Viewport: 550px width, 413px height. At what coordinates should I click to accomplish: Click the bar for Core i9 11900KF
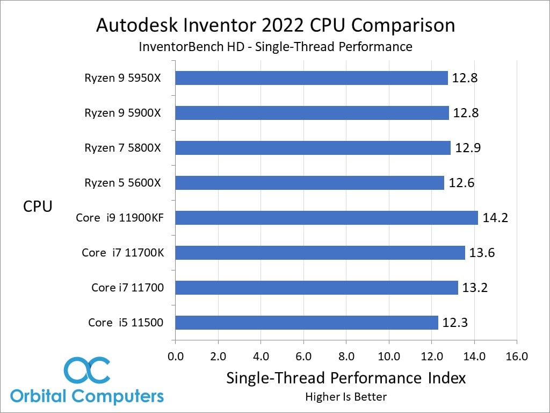pos(327,218)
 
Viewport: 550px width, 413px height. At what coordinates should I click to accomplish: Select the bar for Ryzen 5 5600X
pos(310,183)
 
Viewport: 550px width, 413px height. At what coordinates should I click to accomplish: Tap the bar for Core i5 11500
pos(307,323)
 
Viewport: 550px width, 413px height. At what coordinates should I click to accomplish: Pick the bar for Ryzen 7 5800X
pos(313,148)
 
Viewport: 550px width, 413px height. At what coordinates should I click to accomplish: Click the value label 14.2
pos(495,218)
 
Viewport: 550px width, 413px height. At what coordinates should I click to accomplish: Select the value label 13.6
pos(482,253)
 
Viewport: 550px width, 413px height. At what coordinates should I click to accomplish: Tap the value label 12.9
pos(468,148)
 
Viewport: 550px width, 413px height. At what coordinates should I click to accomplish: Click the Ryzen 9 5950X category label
pos(122,78)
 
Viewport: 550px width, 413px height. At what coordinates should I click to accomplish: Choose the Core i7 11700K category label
pos(122,253)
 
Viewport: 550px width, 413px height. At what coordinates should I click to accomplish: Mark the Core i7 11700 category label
pos(127,288)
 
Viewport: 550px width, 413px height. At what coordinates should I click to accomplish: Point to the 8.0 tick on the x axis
pos(346,356)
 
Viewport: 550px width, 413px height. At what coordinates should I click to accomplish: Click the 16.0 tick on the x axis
pos(517,356)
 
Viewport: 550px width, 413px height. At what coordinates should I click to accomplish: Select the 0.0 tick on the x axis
pos(176,356)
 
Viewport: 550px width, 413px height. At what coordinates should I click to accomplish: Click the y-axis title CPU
pos(38,206)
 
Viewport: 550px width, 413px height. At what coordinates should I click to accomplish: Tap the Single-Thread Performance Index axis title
pos(346,378)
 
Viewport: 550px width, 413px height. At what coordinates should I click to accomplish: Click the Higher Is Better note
pos(346,397)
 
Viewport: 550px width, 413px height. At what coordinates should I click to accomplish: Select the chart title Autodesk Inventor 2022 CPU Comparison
pos(275,25)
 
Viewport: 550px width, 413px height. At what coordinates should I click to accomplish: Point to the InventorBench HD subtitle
pos(275,47)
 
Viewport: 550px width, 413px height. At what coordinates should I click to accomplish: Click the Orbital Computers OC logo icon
pos(86,370)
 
